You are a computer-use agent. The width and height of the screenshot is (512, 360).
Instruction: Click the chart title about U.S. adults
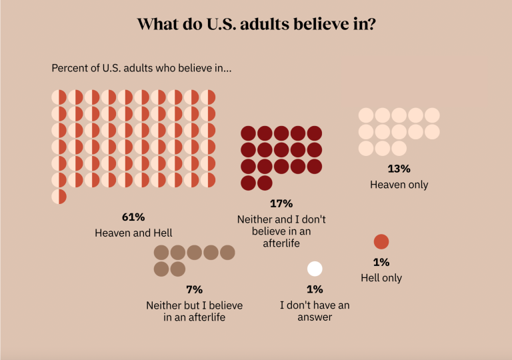255,25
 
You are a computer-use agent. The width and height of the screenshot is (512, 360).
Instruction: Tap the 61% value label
133,217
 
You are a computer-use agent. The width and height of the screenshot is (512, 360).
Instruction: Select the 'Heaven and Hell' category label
133,233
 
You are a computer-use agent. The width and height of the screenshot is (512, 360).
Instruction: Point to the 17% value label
281,203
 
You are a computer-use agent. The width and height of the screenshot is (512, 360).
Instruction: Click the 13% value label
399,169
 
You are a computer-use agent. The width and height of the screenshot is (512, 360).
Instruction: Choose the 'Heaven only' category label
399,184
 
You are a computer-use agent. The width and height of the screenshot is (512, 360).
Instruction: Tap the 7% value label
194,289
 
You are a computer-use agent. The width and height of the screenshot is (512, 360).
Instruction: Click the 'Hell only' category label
381,277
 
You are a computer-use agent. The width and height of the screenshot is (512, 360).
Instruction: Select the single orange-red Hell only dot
381,242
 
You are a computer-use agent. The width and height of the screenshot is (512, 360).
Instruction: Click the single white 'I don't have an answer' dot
315,269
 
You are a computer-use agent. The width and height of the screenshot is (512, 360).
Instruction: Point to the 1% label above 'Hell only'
381,262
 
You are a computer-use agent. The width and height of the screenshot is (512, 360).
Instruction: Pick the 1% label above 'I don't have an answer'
315,289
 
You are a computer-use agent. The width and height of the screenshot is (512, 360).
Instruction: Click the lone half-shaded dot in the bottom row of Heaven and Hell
59,197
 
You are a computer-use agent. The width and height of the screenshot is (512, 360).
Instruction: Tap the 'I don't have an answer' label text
315,311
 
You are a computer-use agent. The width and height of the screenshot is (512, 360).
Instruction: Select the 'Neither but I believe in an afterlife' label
194,311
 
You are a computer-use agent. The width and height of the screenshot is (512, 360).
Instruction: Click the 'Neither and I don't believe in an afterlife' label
281,231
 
